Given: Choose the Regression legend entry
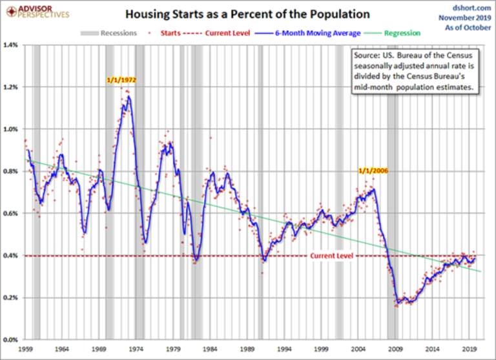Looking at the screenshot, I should pyautogui.click(x=397, y=32).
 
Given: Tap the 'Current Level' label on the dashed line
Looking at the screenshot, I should pyautogui.click(x=331, y=257).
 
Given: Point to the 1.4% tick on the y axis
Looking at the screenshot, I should pyautogui.click(x=12, y=45).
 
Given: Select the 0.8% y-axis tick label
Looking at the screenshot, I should pyautogui.click(x=12, y=171).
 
